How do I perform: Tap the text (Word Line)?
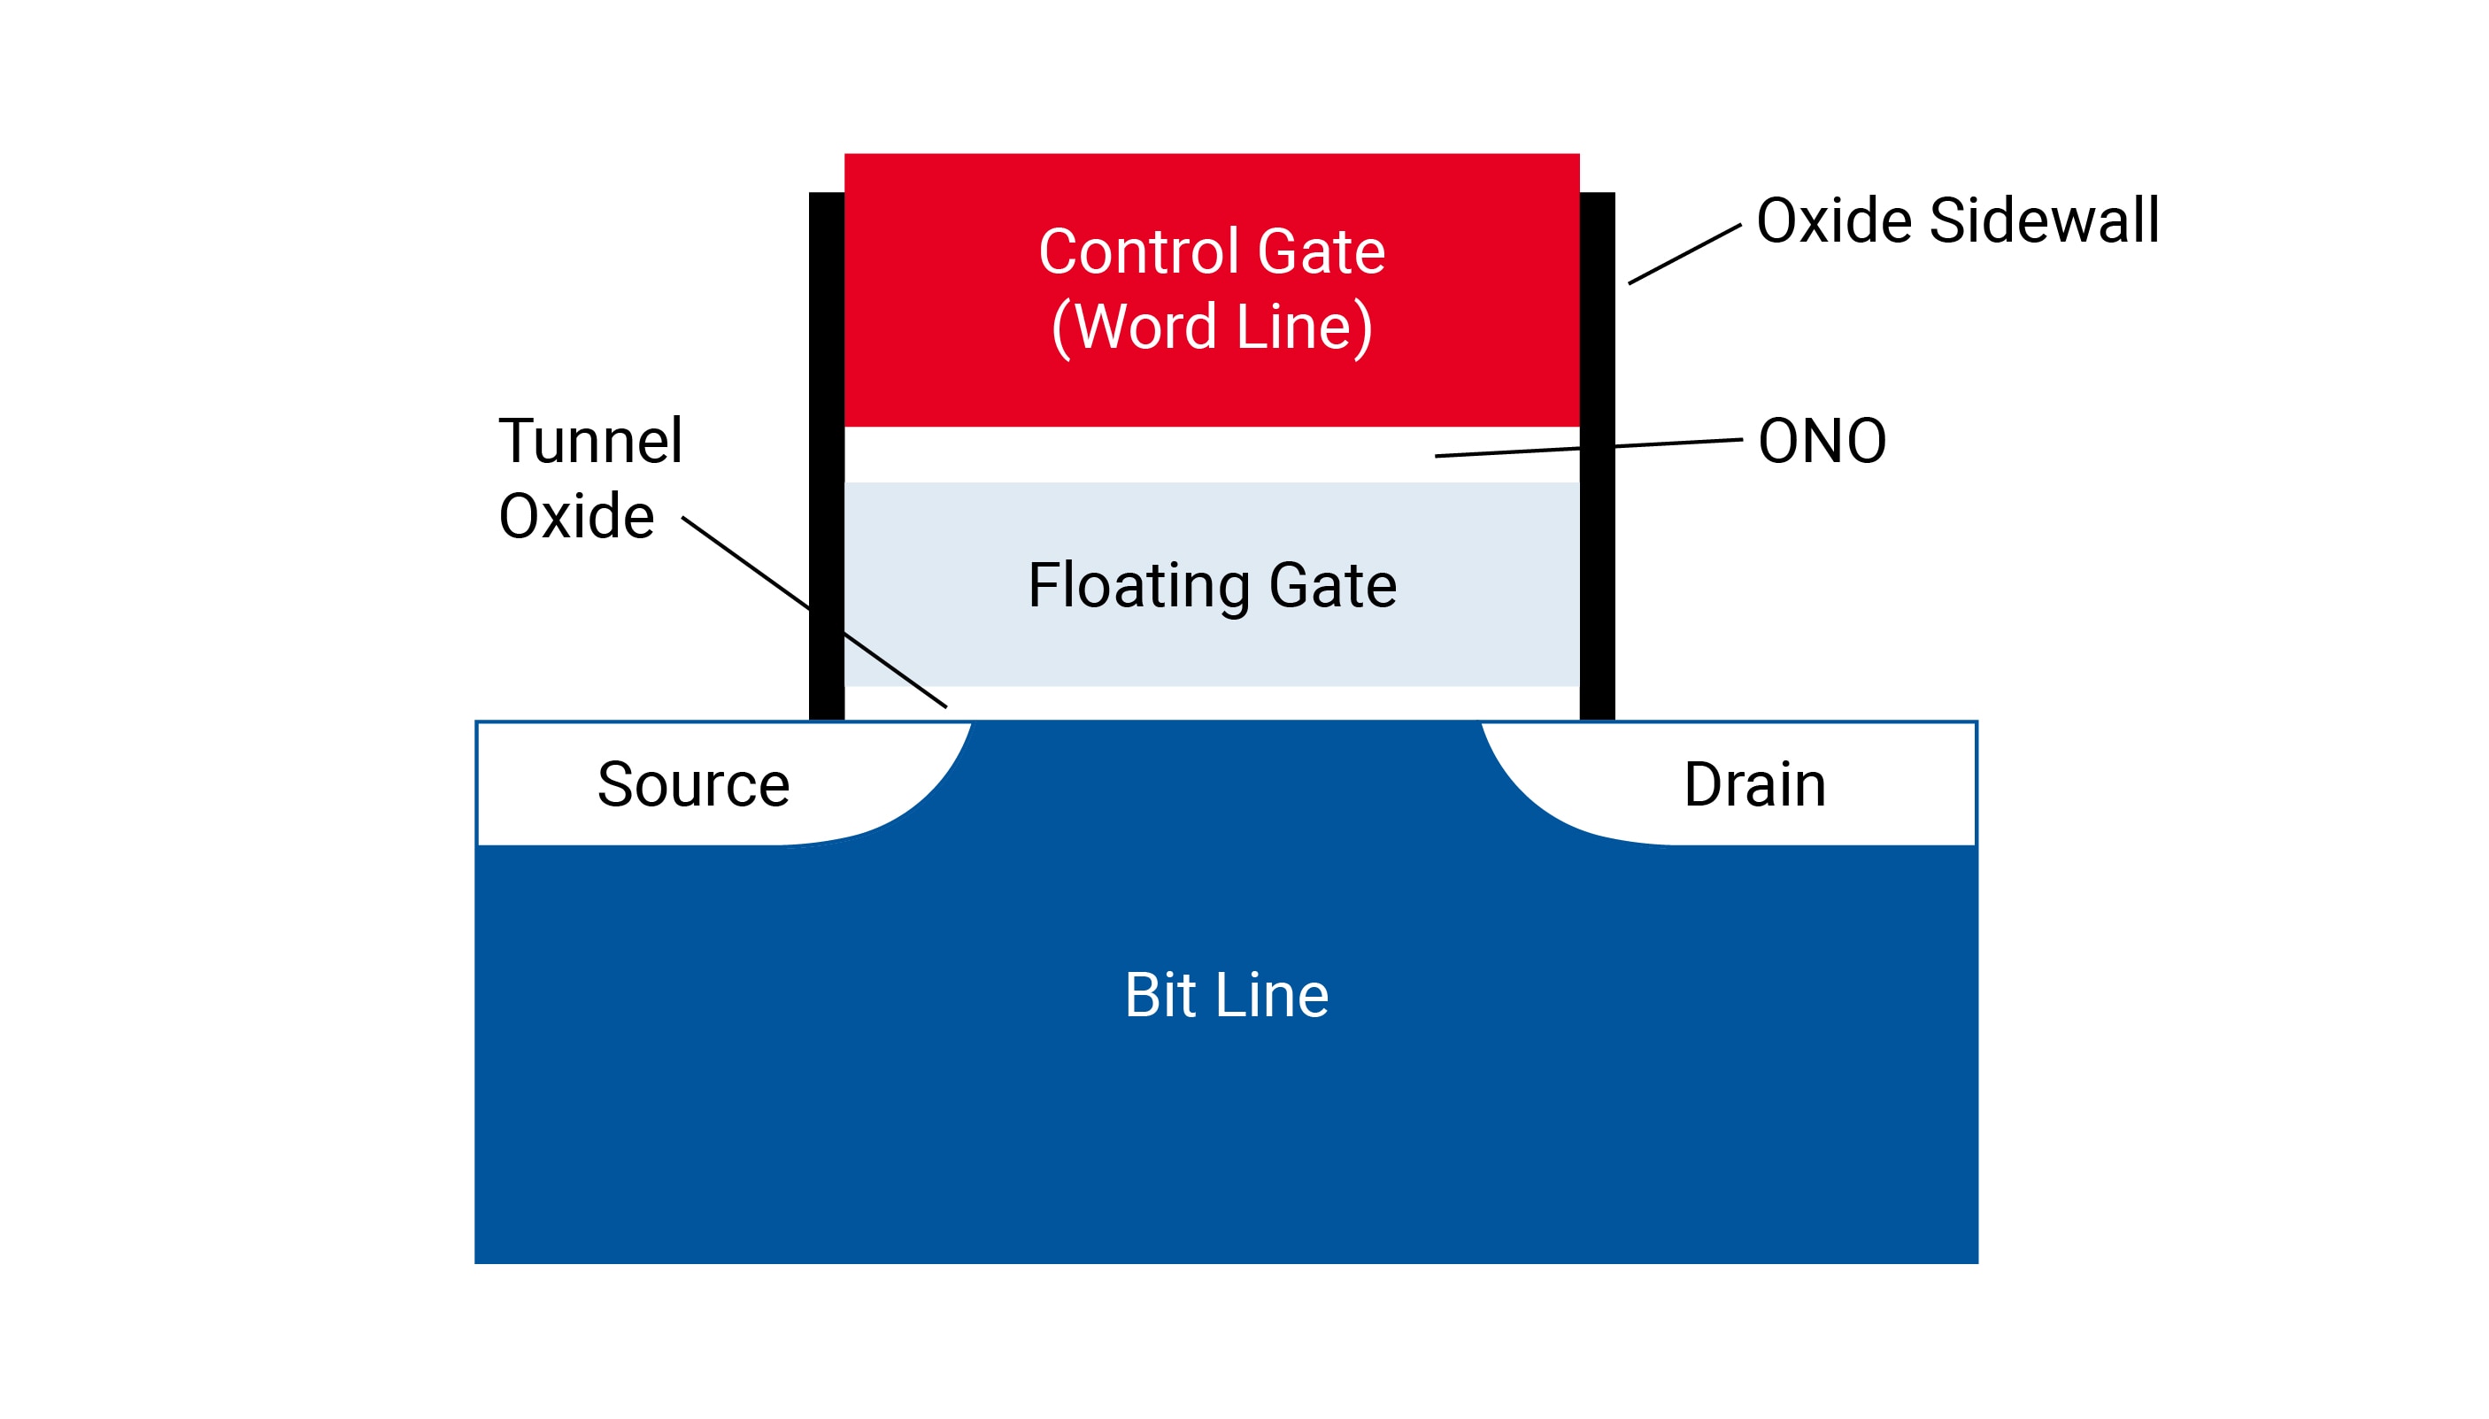1211,327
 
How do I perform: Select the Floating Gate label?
1211,586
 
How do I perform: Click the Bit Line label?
1226,995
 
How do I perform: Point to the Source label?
693,784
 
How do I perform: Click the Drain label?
1753,784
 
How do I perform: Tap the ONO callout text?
1821,442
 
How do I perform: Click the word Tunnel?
590,442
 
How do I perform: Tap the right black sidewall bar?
1596,585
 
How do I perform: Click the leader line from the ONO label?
1676,443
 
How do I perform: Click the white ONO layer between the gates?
1169,454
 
